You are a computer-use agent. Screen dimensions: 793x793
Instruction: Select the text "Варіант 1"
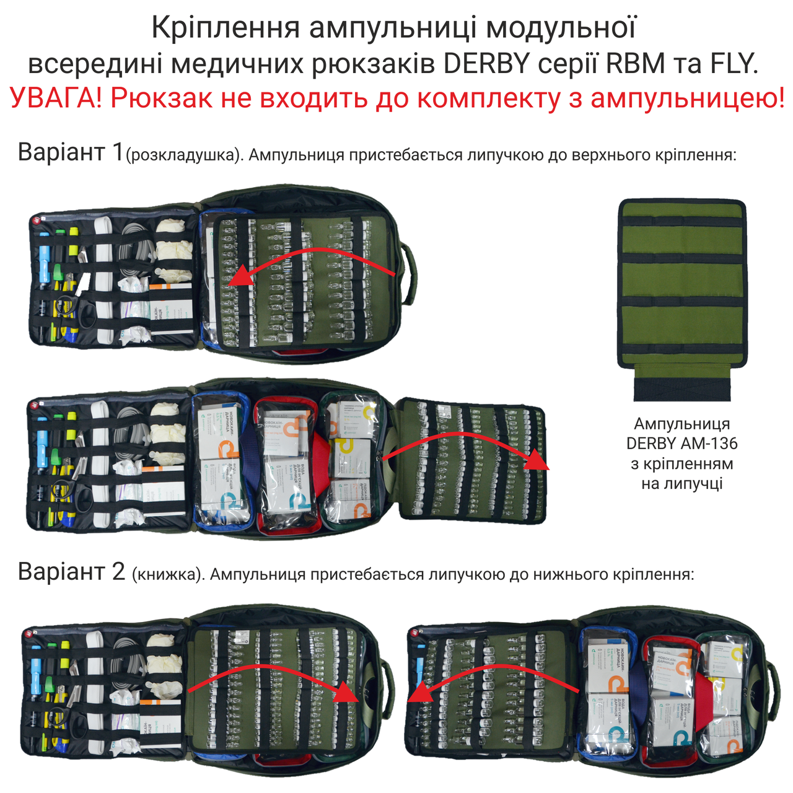71,152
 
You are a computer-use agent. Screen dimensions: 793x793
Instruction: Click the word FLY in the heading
734,64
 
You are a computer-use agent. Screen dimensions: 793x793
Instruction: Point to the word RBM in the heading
636,64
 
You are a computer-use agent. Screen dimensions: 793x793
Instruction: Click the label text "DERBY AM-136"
681,444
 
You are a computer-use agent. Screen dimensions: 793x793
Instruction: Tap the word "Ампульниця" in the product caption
681,424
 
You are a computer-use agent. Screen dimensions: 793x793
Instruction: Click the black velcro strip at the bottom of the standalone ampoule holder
682,387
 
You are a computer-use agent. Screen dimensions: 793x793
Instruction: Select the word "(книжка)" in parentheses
168,575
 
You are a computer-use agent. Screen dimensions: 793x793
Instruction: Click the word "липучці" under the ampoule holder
681,483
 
